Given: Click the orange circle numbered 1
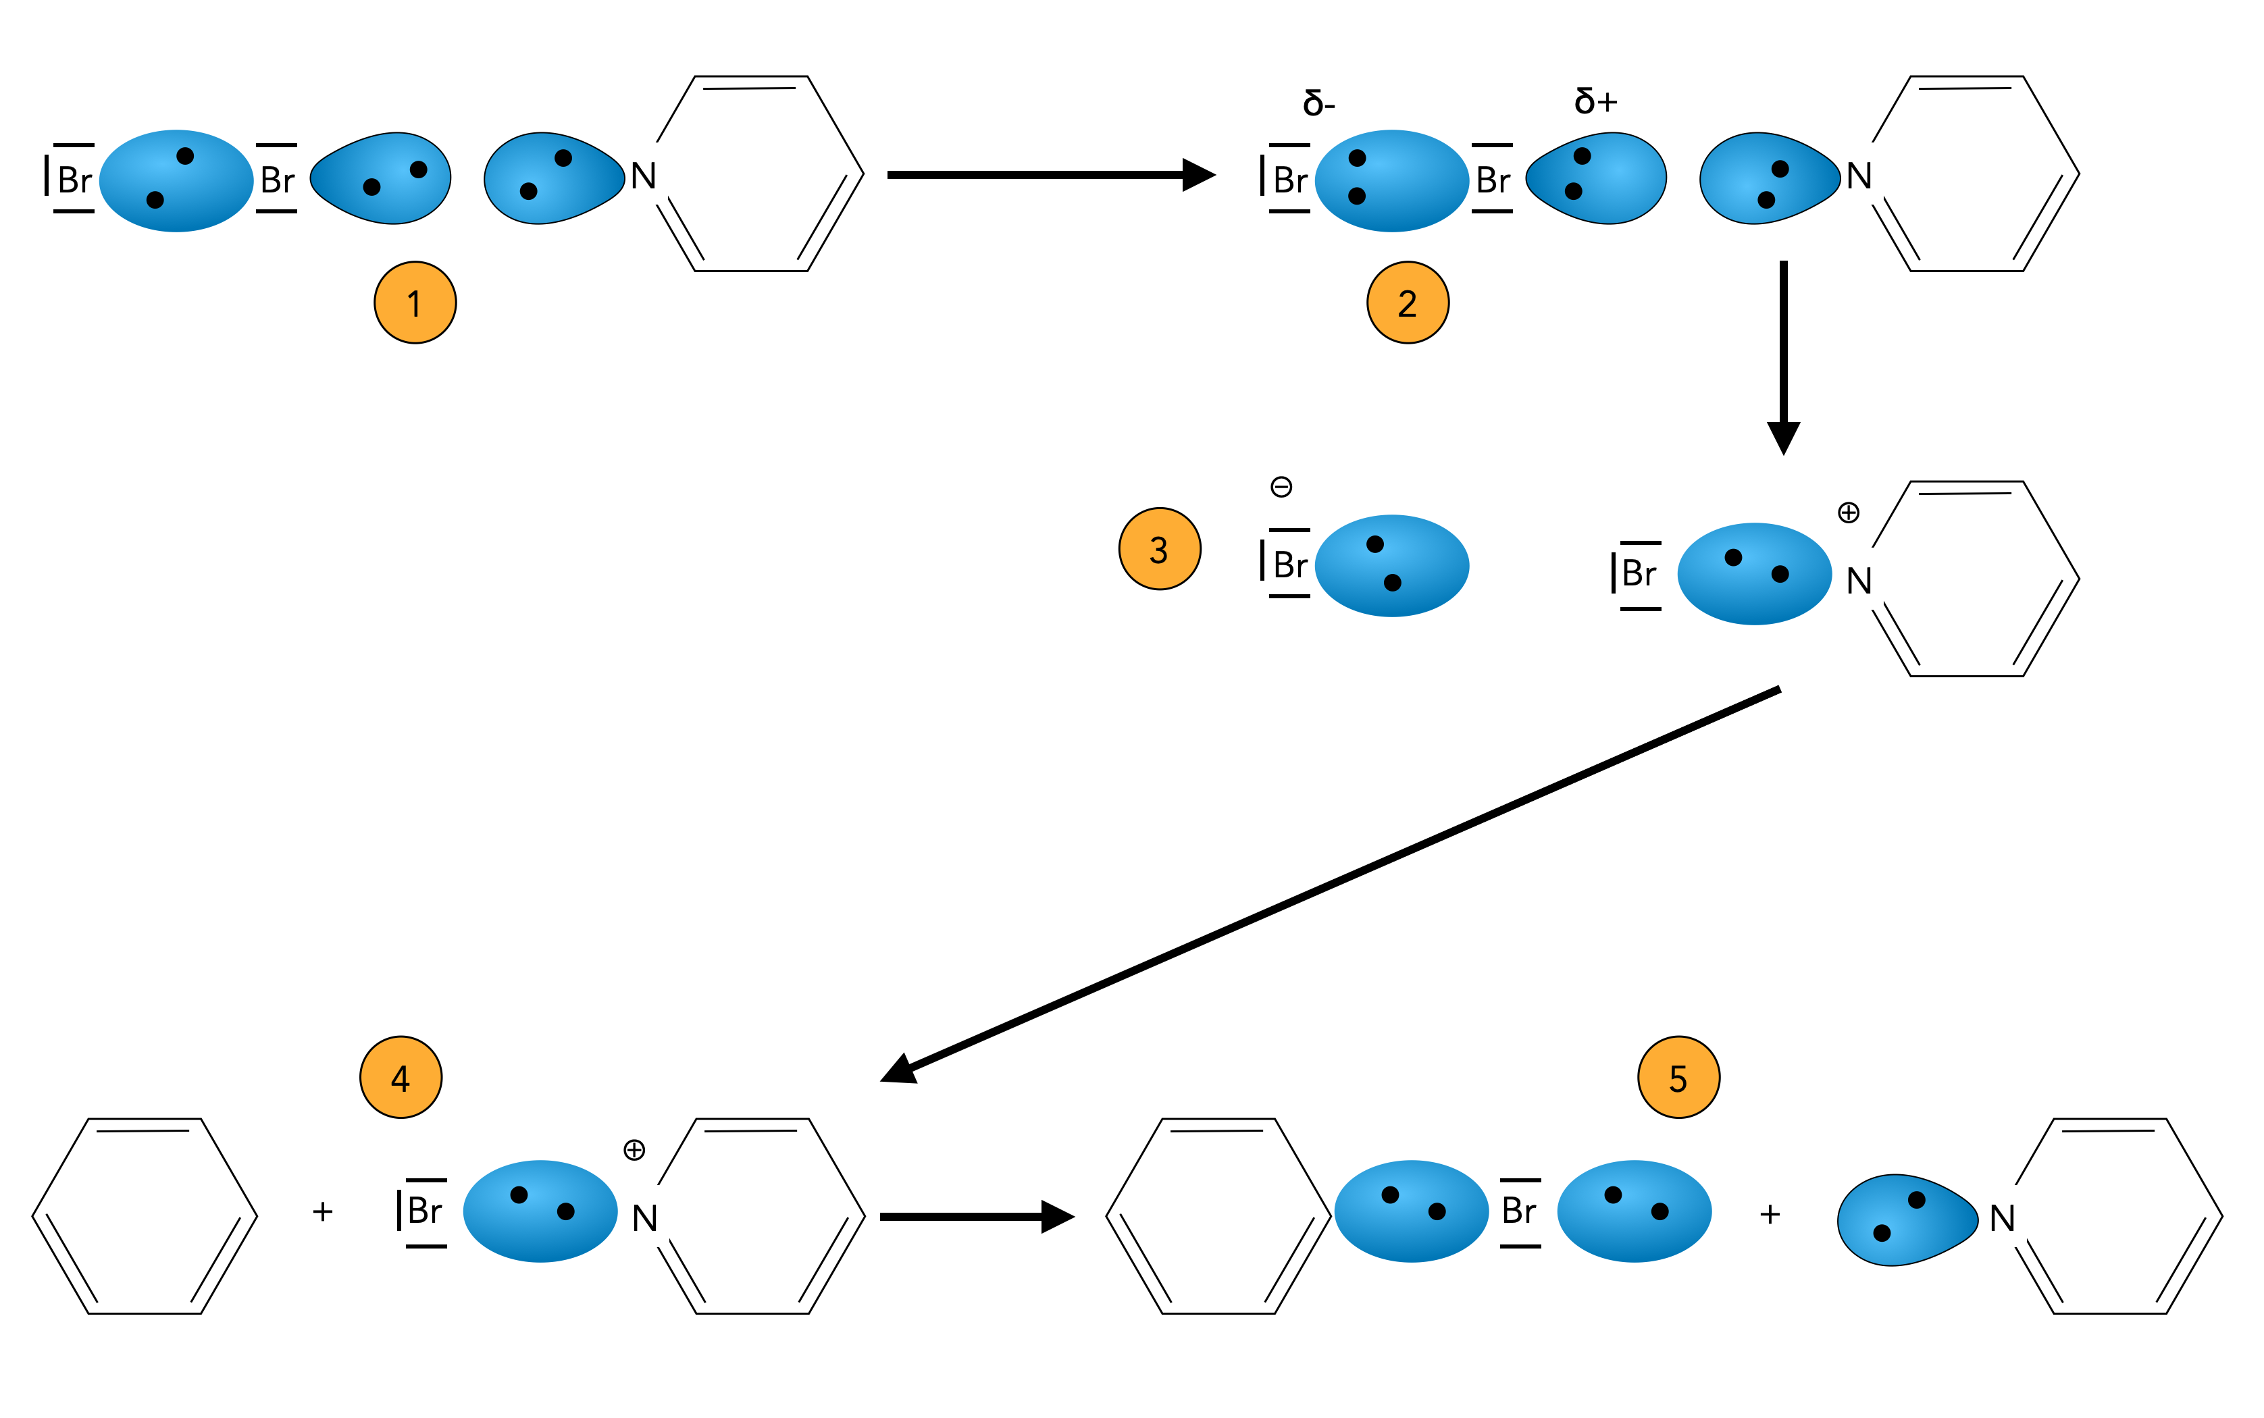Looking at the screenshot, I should coord(415,303).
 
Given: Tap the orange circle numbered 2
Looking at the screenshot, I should coord(1407,303).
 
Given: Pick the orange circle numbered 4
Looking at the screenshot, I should coord(401,1078).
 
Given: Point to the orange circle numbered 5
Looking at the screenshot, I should coord(1678,1078).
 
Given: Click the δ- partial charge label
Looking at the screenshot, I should coord(1318,102).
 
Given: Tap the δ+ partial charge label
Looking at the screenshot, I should coord(1595,101).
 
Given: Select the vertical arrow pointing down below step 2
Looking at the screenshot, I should coord(1783,357).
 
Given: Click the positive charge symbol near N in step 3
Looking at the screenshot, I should coord(1847,512).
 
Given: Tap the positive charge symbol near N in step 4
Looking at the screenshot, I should coord(634,1150).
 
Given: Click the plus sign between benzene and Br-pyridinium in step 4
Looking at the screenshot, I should coord(323,1211).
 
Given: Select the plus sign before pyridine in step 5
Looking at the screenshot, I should coord(1770,1215).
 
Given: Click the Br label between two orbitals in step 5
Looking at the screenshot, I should coord(1519,1211).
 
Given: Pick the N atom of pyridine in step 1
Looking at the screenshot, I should coord(644,176).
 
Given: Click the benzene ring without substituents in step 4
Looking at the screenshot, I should coord(145,1216).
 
